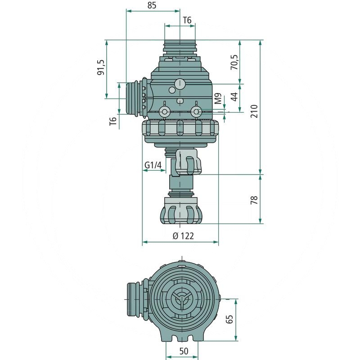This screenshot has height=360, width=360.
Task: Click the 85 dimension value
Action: tap(152, 5)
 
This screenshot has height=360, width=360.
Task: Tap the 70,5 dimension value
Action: tap(234, 62)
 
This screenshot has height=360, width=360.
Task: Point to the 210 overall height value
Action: tap(254, 111)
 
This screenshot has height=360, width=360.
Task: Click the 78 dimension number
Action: tap(254, 200)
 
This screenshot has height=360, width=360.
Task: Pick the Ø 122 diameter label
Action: tap(183, 236)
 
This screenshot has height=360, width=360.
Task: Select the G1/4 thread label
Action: tap(153, 165)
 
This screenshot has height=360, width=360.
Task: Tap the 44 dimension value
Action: tap(234, 97)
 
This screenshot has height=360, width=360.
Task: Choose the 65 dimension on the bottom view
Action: tap(229, 319)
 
